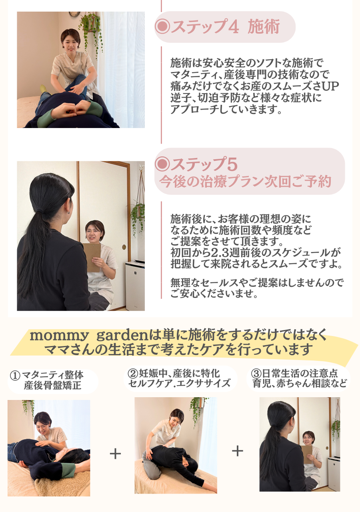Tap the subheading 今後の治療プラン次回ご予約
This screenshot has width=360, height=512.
pos(245,182)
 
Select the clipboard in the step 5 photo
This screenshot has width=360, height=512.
pos(92,257)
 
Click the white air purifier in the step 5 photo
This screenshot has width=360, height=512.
pos(135,285)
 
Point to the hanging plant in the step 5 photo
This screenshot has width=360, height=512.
pos(138,215)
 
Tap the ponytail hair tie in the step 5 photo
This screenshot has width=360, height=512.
pos(41,210)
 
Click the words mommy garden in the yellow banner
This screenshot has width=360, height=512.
pos(89,336)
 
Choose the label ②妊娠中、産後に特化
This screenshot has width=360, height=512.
pos(174,373)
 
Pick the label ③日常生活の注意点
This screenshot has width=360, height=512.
pos(294,373)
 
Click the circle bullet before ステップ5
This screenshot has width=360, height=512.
pos(162,164)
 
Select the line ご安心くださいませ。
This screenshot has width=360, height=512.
pos(214,294)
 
